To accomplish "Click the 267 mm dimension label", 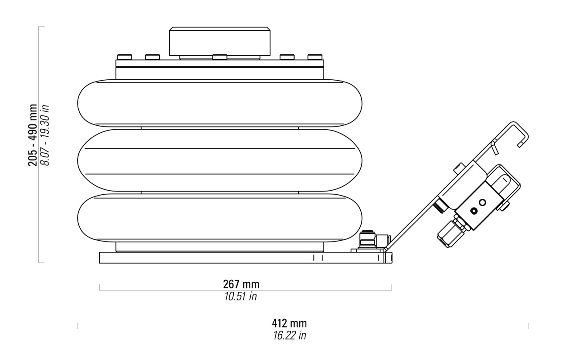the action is pos(241,284).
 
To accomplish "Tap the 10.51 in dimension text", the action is pos(240,296).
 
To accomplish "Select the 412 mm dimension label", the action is pos(289,323).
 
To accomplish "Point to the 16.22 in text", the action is pos(289,335).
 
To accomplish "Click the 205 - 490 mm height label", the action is pos(33,135).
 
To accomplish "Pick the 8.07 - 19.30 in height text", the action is pos(45,135).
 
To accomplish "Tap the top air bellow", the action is pos(220,103).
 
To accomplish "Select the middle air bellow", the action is pos(220,160).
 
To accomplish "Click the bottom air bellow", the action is pos(220,218).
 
